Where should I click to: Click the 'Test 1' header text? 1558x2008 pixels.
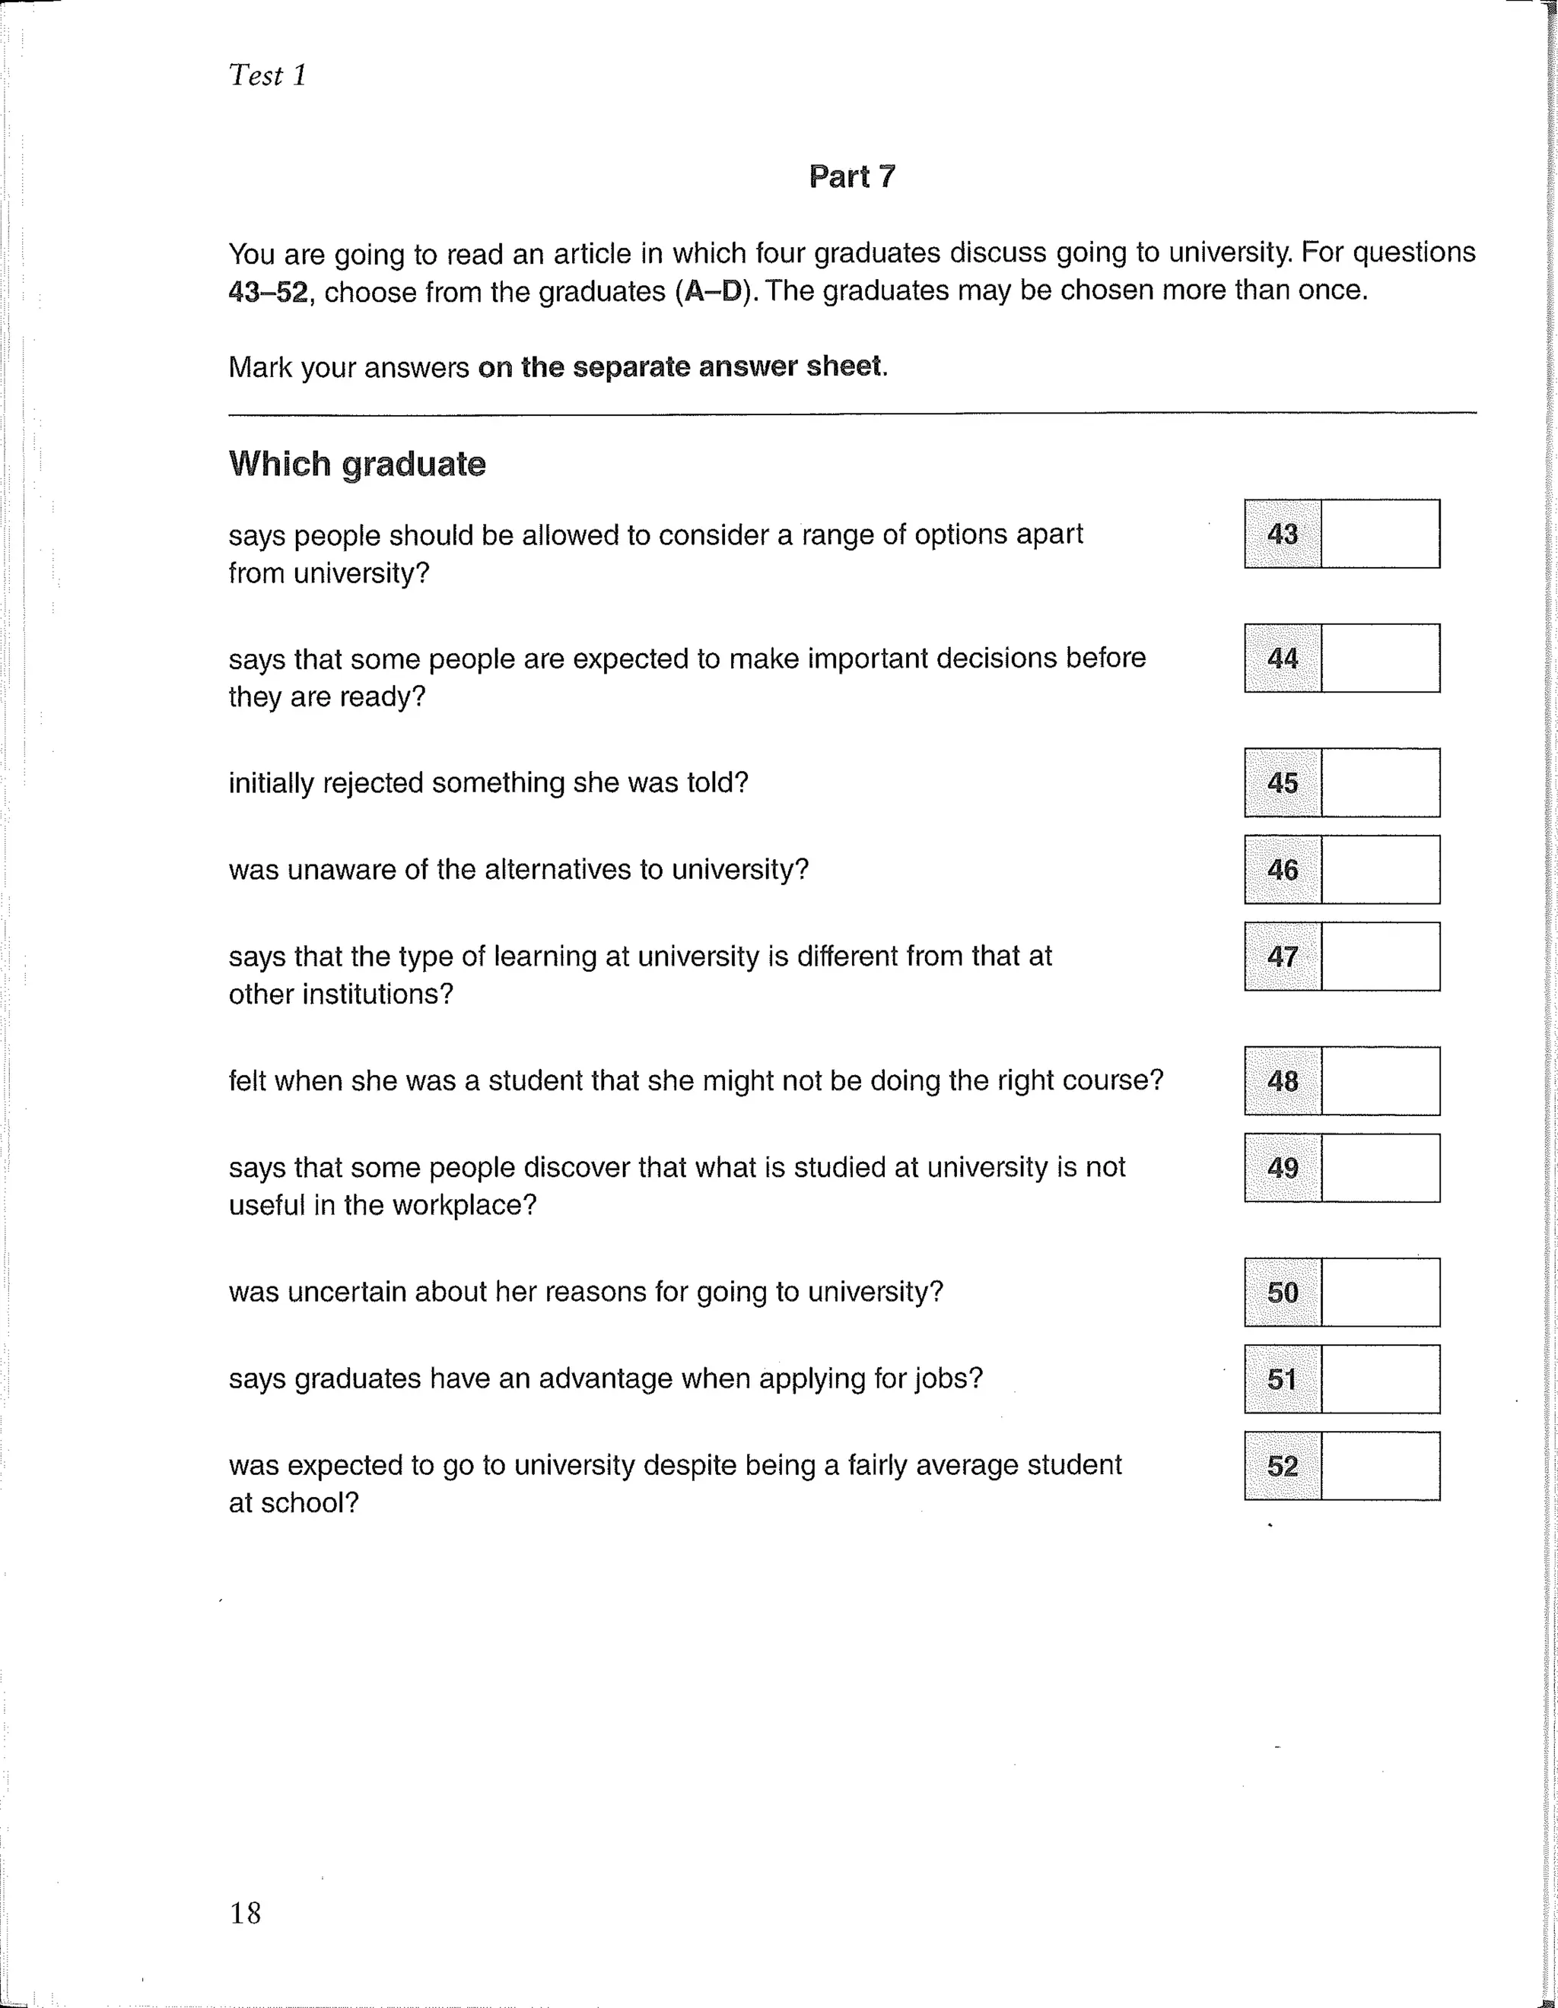pos(267,75)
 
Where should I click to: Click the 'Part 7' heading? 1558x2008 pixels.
pos(852,176)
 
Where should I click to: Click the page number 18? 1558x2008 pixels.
pos(246,1912)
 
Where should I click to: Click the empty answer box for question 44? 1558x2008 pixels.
pos(1379,658)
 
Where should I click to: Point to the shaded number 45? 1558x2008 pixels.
pos(1282,782)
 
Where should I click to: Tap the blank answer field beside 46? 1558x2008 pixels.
pos(1379,870)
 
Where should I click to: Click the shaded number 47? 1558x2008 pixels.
pos(1282,956)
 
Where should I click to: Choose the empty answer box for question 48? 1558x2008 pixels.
pos(1379,1080)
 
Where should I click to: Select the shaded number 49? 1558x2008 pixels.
pos(1282,1168)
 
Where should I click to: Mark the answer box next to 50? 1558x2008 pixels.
pos(1379,1292)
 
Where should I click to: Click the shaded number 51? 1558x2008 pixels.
pos(1282,1379)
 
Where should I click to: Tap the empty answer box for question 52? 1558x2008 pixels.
pos(1379,1466)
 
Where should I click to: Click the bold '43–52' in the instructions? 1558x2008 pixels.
pos(268,293)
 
